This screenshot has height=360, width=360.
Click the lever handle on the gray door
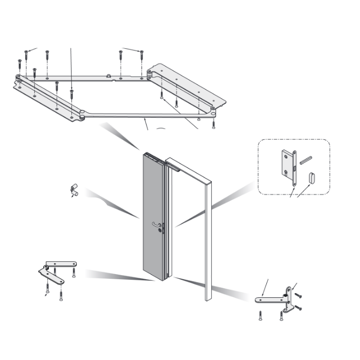[157, 224]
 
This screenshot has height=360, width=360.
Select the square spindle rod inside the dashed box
[305, 160]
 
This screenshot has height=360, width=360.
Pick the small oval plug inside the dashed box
[311, 178]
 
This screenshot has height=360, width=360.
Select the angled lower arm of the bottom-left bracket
[53, 278]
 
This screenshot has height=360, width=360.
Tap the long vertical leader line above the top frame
[71, 67]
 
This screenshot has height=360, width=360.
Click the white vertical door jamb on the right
[208, 242]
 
